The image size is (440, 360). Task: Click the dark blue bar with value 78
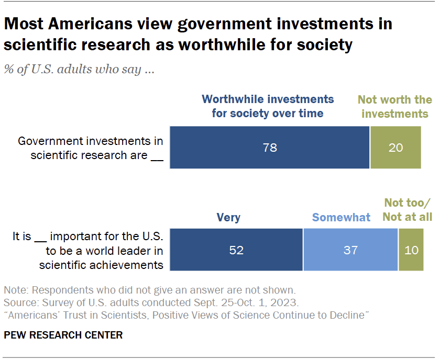pyautogui.click(x=270, y=148)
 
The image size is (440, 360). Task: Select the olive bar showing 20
pyautogui.click(x=396, y=148)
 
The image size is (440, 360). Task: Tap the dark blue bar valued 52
pyautogui.click(x=236, y=250)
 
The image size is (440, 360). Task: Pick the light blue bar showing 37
pyautogui.click(x=350, y=250)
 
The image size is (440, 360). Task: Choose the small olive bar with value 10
pyautogui.click(x=411, y=250)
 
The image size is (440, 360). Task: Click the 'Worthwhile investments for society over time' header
pyautogui.click(x=268, y=106)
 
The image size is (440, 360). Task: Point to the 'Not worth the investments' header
pyautogui.click(x=394, y=106)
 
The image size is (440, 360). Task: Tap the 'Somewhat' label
pyautogui.click(x=341, y=217)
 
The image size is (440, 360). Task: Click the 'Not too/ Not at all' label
pyautogui.click(x=408, y=209)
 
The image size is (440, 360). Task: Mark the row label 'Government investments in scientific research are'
pyautogui.click(x=90, y=148)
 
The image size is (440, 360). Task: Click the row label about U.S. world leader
pyautogui.click(x=87, y=250)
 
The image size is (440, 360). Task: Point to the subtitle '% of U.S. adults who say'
pyautogui.click(x=79, y=70)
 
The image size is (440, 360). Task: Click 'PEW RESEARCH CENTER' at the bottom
pyautogui.click(x=63, y=335)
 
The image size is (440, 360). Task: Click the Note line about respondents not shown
pyautogui.click(x=149, y=289)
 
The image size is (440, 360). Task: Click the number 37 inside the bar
pyautogui.click(x=350, y=250)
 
